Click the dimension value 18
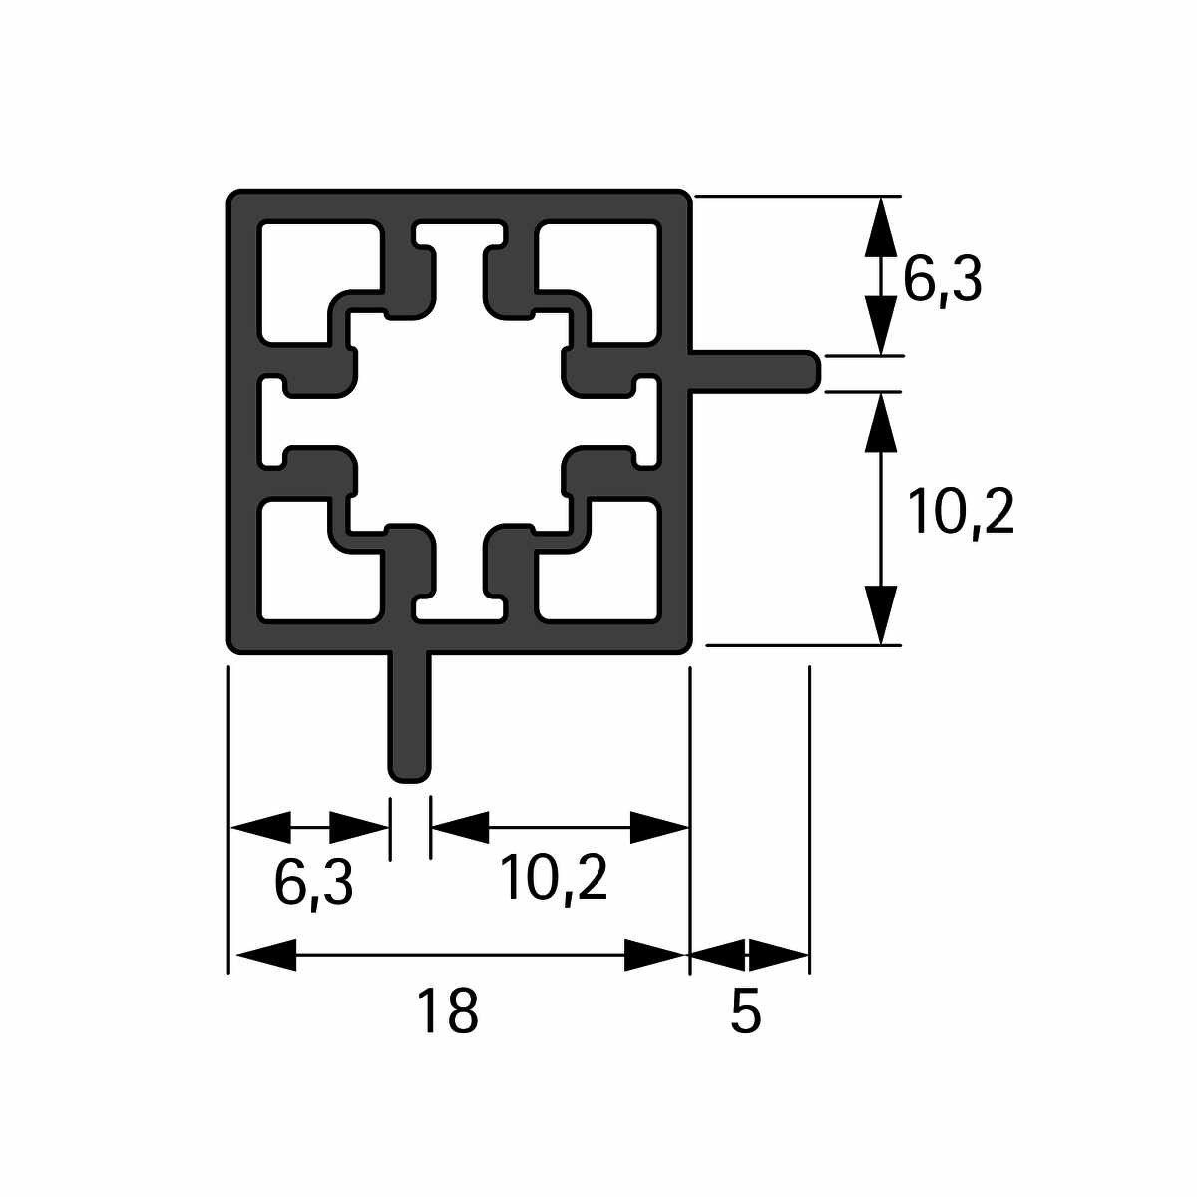point(448,1011)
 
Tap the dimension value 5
point(746,1011)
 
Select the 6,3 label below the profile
point(313,883)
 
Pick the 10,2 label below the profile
point(554,879)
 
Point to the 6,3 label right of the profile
point(943,280)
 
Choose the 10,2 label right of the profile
point(961,514)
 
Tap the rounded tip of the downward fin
point(409,772)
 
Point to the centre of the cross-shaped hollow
point(459,419)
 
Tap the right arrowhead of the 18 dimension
point(658,955)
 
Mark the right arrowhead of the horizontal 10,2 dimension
point(660,827)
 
